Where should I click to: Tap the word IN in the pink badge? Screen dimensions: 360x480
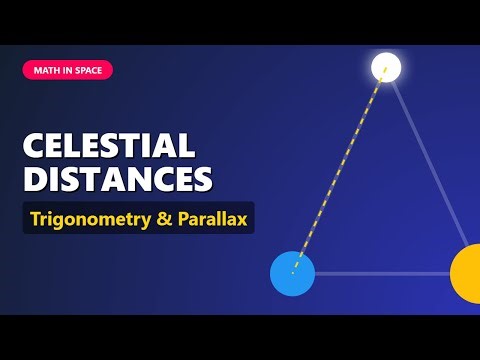tap(65, 70)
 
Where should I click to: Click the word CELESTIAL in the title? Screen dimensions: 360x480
tap(108, 146)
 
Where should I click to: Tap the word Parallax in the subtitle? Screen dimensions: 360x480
tap(214, 217)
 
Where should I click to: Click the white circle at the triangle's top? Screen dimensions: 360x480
tap(386, 68)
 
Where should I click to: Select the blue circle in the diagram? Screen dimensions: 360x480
tap(293, 273)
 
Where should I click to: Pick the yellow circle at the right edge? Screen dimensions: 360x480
tap(468, 272)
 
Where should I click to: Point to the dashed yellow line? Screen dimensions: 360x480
tap(340, 170)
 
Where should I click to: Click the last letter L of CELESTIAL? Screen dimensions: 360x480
tap(186, 146)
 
